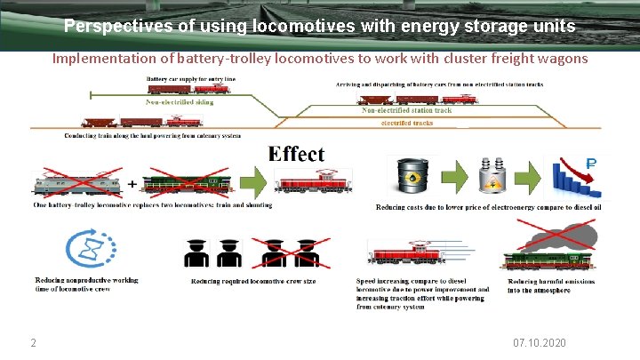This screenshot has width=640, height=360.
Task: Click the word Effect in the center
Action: (297, 154)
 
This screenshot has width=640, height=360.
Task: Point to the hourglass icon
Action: (86, 249)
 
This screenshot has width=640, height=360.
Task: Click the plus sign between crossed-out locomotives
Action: (132, 184)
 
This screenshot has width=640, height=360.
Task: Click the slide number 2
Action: (32, 343)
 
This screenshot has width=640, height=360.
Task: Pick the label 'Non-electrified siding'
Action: (180, 102)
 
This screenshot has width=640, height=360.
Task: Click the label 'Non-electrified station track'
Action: (407, 110)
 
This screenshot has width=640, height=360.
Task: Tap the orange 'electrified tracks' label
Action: (407, 123)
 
